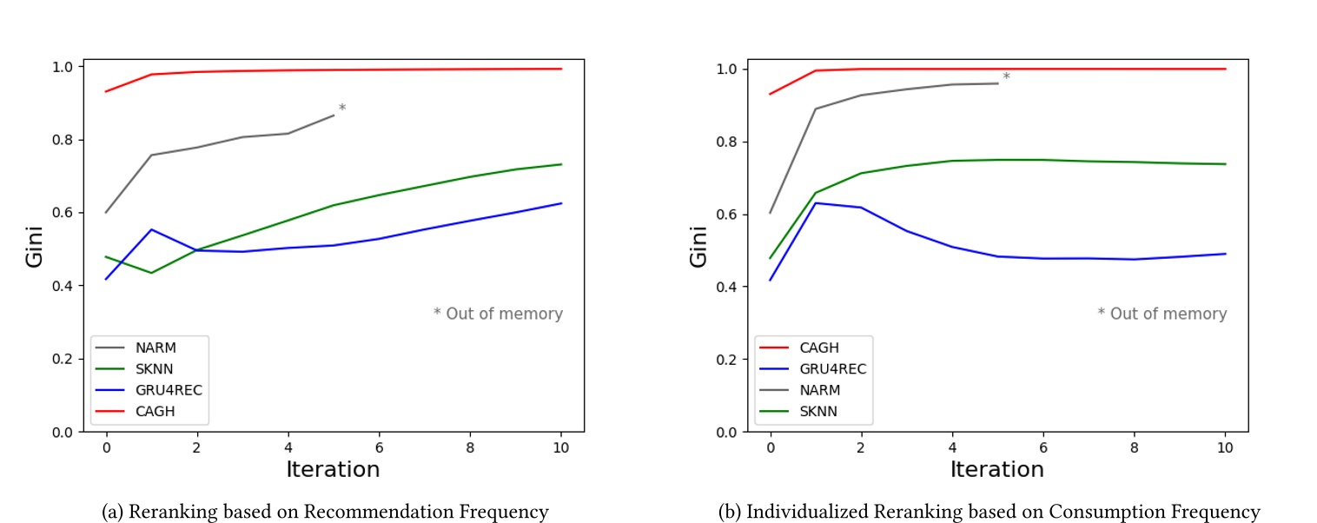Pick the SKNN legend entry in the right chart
(x=818, y=411)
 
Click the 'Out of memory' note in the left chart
(x=498, y=314)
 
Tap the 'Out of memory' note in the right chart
(x=1162, y=314)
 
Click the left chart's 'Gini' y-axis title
(x=36, y=248)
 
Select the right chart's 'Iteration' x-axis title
(x=996, y=469)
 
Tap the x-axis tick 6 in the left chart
(x=379, y=446)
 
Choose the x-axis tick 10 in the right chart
(x=1225, y=446)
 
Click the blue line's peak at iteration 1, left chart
(x=151, y=229)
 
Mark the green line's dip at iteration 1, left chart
(x=151, y=273)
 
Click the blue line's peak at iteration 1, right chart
(x=815, y=202)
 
